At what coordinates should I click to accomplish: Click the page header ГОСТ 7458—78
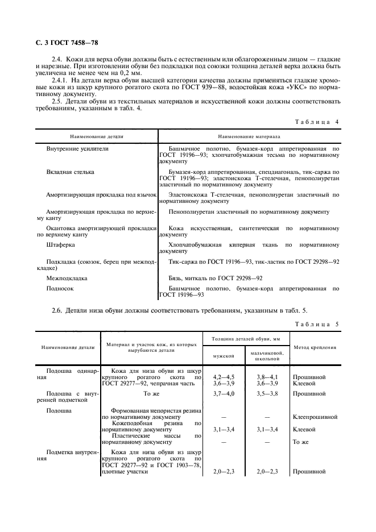tap(65, 43)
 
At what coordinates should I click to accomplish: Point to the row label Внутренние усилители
tap(77, 148)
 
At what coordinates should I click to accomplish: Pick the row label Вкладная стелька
tap(70, 171)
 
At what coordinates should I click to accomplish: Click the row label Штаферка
tap(60, 245)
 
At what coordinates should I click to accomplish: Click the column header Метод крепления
tap(315, 347)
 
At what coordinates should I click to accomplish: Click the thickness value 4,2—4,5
tap(224, 377)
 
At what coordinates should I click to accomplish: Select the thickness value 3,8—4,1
tap(267, 377)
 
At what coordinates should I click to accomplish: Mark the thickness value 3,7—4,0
tap(224, 393)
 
